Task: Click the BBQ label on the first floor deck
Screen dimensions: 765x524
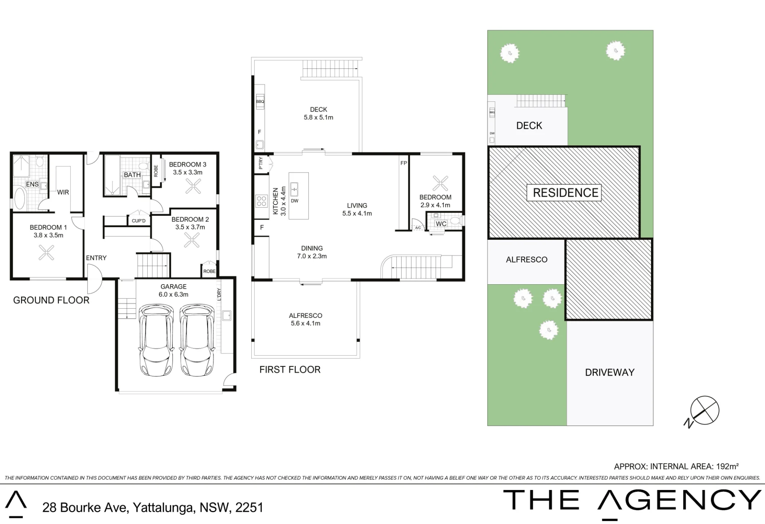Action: coord(260,102)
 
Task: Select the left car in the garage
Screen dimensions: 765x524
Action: coord(156,340)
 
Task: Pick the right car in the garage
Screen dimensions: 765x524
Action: coord(197,340)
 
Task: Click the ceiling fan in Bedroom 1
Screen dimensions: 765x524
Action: coord(46,253)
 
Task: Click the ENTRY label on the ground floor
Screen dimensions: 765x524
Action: coord(96,258)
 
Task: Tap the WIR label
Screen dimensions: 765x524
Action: coord(63,192)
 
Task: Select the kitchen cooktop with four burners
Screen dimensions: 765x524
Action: coord(262,201)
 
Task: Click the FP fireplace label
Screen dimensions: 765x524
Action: coord(404,163)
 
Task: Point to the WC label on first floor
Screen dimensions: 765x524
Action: coord(441,224)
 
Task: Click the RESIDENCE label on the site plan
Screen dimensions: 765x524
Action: coord(565,193)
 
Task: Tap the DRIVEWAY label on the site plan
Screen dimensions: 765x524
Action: coord(610,373)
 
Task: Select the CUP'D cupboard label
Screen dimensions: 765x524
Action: coord(139,221)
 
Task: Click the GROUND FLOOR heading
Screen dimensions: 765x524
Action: coord(51,300)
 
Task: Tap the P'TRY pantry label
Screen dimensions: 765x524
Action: coord(260,163)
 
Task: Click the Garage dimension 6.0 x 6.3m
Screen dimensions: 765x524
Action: coord(174,295)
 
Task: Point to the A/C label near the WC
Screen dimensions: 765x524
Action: coord(418,228)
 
